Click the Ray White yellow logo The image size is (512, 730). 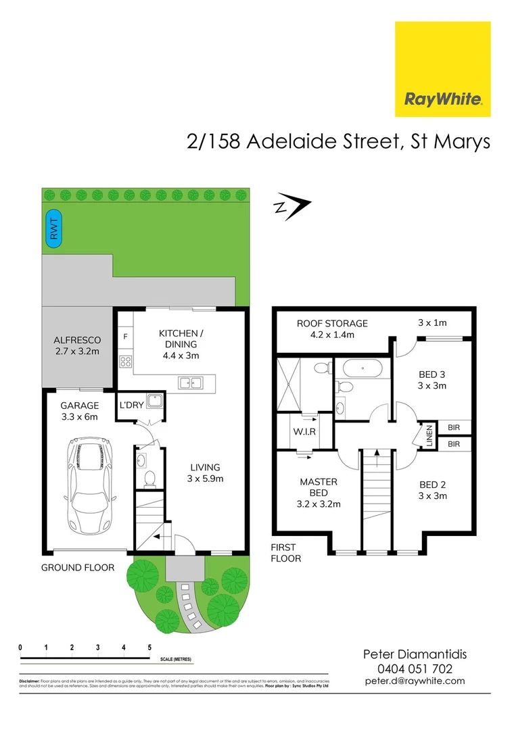[442, 69]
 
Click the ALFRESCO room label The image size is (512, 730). [77, 346]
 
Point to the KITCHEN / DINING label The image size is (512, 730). [178, 343]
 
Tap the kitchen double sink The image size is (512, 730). [191, 383]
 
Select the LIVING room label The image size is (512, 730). [205, 472]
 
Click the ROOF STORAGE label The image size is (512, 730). [332, 328]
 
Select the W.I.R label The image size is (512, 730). [304, 431]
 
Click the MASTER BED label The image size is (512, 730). [319, 492]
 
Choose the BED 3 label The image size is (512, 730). [433, 379]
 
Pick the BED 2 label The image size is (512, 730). [432, 490]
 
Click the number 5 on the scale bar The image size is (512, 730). [149, 647]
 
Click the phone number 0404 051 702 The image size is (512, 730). [415, 668]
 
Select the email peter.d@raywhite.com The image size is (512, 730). [415, 681]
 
